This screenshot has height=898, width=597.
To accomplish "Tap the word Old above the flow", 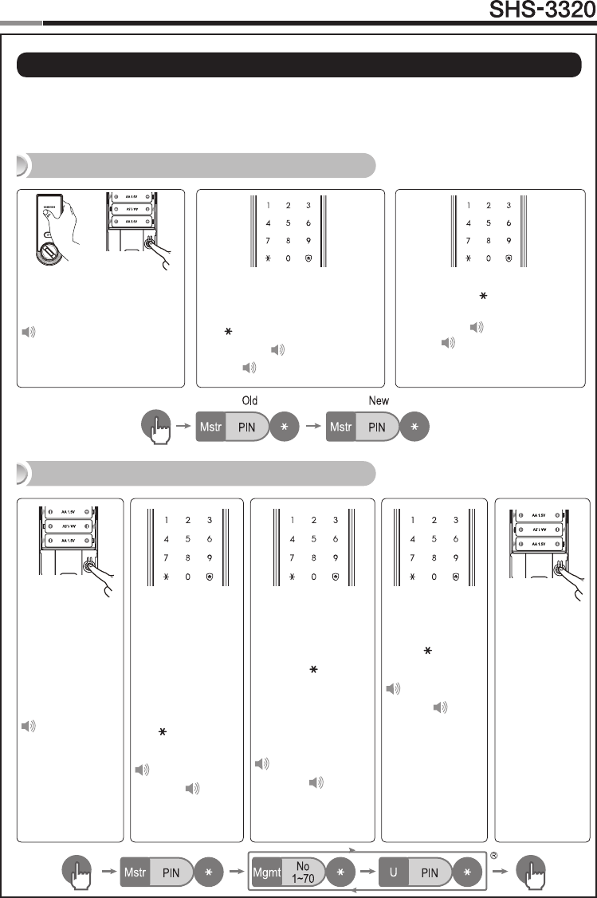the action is (249, 400).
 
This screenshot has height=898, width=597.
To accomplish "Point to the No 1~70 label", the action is (303, 873).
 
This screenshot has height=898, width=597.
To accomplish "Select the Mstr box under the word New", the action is (343, 427).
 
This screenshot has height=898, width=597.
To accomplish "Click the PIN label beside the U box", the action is (430, 873).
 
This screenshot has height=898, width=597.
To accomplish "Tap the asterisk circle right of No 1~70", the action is (340, 873).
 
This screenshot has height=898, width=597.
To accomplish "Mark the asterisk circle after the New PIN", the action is (414, 427).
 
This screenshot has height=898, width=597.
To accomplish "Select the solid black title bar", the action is (298, 65).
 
